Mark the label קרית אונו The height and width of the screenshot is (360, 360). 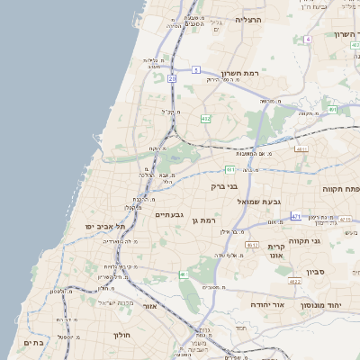point(275,250)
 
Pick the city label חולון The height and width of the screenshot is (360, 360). point(122,335)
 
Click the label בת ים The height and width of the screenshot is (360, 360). point(33,342)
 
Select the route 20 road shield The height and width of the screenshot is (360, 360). point(171,79)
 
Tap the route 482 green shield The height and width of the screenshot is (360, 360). point(206,118)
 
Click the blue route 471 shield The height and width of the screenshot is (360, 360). point(296,217)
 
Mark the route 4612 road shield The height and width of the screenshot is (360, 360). point(252,245)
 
